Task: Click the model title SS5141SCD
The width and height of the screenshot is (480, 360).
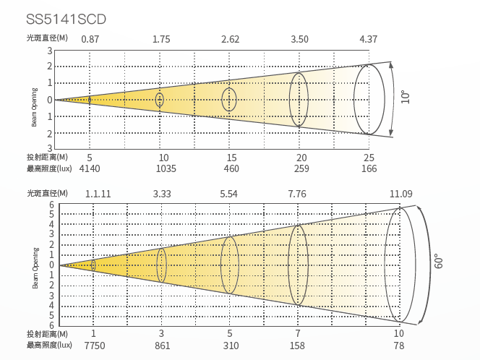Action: coord(66,20)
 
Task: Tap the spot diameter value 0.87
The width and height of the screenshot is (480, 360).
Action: coord(90,39)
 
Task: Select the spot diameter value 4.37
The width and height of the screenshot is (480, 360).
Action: coord(368,39)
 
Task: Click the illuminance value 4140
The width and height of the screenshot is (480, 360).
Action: coord(90,168)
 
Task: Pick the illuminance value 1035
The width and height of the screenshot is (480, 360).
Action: coord(166,168)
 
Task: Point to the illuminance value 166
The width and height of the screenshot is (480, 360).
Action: coord(369,168)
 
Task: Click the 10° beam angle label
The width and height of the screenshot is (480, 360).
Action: coord(405,97)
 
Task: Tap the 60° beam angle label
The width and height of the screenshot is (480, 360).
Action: coord(438,261)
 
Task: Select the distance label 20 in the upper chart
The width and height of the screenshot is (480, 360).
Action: coord(301,158)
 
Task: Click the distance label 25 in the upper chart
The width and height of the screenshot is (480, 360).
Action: coord(369,158)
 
